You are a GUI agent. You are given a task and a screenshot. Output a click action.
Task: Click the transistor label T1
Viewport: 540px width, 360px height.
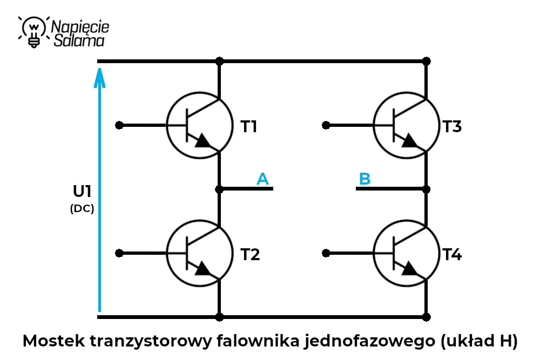coord(248,126)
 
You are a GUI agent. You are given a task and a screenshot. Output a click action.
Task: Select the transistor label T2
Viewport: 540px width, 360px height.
coord(250,254)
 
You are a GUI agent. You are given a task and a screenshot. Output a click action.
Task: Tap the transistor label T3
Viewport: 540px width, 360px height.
coord(452,126)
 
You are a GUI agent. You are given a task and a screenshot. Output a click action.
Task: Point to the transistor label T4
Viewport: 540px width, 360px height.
coord(452,254)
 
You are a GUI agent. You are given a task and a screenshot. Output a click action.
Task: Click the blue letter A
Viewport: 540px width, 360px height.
coord(262,179)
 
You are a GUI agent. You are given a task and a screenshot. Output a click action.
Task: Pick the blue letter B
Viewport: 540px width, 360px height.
coord(364,179)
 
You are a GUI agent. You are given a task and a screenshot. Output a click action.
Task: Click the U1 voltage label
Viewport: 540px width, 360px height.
coord(82,192)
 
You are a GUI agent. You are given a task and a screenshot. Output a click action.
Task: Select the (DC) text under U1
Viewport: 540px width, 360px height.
coord(82,208)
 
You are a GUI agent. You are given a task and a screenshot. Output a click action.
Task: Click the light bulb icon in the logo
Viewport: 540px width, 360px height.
coord(33,32)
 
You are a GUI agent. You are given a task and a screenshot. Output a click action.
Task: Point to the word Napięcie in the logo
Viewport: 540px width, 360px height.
coord(80,27)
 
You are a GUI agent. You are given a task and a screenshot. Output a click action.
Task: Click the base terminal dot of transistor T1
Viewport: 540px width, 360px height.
coord(119,125)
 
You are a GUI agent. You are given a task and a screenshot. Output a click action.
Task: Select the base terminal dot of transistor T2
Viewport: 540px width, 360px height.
coord(119,253)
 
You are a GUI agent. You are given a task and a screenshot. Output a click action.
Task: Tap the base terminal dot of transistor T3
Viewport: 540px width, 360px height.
coord(326,125)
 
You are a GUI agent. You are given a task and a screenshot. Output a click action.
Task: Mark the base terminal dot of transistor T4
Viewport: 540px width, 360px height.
coord(326,253)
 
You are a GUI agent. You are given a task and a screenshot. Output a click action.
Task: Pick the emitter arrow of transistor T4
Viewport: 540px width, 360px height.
coord(409,269)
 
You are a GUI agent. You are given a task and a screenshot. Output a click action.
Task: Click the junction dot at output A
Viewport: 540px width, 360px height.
coord(219,189)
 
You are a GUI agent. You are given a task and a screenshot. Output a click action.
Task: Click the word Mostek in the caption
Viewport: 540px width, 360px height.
coord(53,341)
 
